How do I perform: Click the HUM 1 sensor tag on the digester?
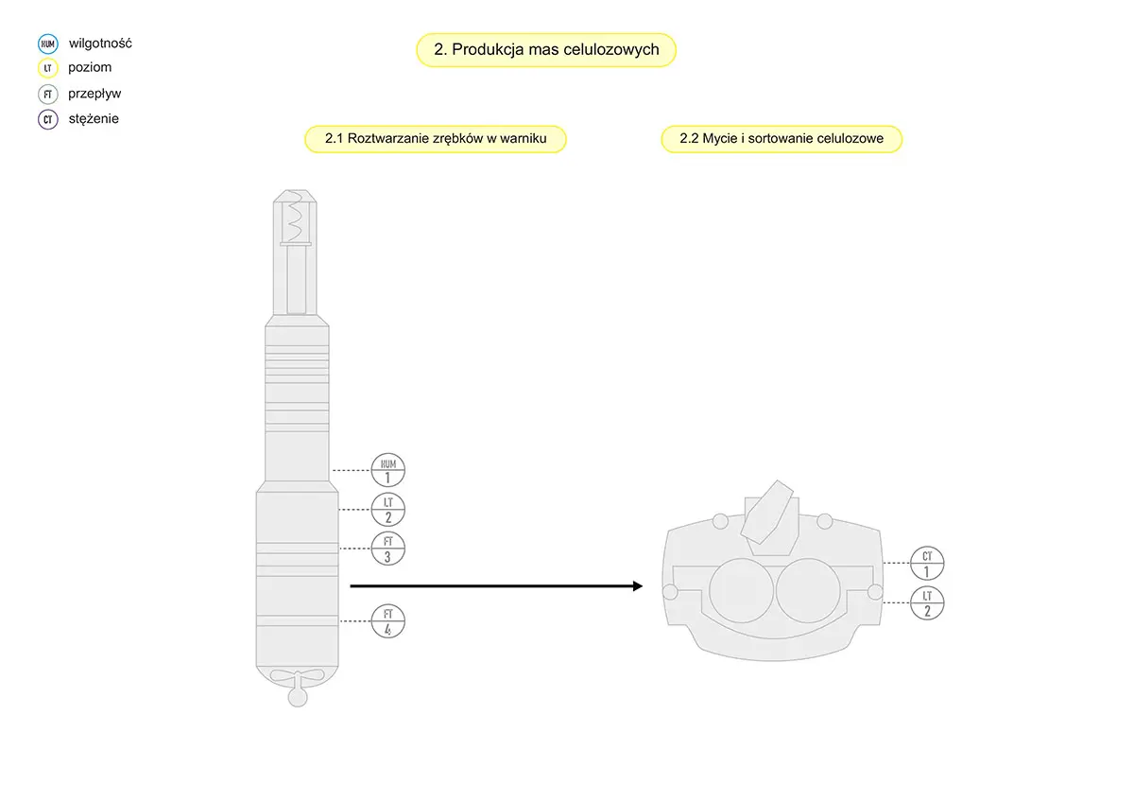387,470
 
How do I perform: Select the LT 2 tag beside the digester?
387,510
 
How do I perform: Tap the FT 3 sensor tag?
387,549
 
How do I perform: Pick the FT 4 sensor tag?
387,620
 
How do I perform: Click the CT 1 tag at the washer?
927,564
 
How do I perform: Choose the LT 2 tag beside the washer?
927,602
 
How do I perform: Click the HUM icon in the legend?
47,44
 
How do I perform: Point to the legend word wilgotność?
100,44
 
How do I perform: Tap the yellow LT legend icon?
47,68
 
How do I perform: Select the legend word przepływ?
94,94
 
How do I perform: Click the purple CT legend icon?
47,119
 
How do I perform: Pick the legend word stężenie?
94,119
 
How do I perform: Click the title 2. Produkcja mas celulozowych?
546,50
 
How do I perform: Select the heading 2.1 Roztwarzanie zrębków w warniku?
435,139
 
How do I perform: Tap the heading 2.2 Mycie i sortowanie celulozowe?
782,139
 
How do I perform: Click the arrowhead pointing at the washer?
637,586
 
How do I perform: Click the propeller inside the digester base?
297,677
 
